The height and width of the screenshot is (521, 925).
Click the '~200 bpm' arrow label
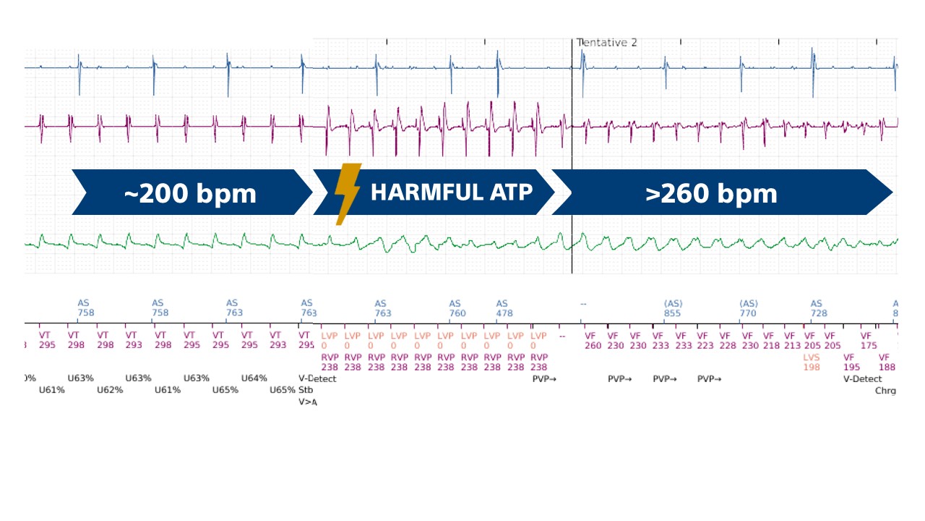click(x=190, y=193)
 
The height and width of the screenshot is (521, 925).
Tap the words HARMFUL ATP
click(x=452, y=192)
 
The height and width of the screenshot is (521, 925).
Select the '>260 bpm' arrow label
click(x=712, y=193)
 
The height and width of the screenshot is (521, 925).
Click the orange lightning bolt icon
click(x=348, y=192)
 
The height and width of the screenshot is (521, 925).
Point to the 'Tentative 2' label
click(x=607, y=43)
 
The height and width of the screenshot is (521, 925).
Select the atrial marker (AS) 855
click(x=673, y=309)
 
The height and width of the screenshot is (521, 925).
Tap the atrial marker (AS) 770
click(x=748, y=309)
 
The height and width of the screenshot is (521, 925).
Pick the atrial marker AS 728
click(x=816, y=309)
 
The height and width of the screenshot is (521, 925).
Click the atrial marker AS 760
click(x=457, y=309)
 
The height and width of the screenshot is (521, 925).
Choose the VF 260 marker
click(x=592, y=341)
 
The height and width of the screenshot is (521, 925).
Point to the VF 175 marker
click(x=869, y=341)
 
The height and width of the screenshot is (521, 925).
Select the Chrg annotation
click(x=885, y=391)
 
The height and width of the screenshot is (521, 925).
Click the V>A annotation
click(x=307, y=402)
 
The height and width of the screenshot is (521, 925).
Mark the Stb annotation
click(x=305, y=390)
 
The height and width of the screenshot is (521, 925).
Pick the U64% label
click(x=254, y=378)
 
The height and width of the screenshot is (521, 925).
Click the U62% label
click(x=110, y=390)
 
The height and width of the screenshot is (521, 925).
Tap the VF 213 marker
click(x=792, y=341)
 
